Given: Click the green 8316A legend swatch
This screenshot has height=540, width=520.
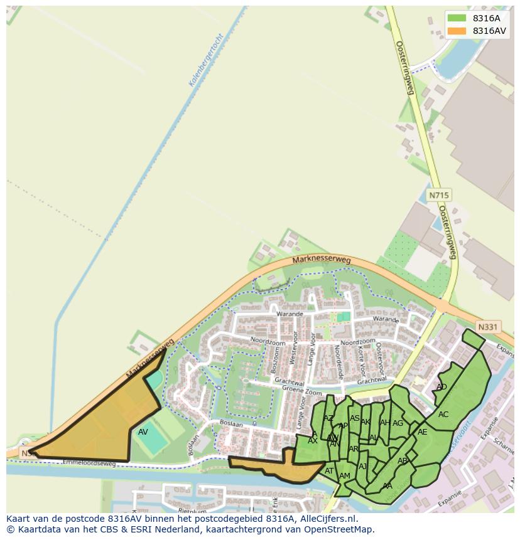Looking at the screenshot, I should point(457,18).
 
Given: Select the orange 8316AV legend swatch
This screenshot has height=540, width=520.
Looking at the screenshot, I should point(457,31).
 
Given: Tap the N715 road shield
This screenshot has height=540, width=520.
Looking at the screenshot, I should point(438,196).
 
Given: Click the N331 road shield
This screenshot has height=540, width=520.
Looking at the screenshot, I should point(487,327).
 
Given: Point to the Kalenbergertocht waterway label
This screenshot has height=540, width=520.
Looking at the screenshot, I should point(207,60).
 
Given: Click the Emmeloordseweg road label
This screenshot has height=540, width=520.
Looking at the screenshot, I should point(88,463).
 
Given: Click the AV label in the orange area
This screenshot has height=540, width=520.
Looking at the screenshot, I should point(143,432).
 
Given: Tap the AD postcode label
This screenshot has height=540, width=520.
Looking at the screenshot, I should point(441,387).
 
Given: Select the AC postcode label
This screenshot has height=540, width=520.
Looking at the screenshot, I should point(443,415).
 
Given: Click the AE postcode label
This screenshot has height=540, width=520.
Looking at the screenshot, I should point(422,432).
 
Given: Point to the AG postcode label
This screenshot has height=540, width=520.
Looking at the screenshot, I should point(398,423).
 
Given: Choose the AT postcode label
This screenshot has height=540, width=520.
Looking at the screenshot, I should point(329,471).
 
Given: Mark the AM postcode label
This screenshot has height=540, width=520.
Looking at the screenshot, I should point(345,476).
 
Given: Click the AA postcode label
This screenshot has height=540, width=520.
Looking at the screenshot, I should point(387,485).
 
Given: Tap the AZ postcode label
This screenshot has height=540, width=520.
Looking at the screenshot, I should point(328,418).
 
